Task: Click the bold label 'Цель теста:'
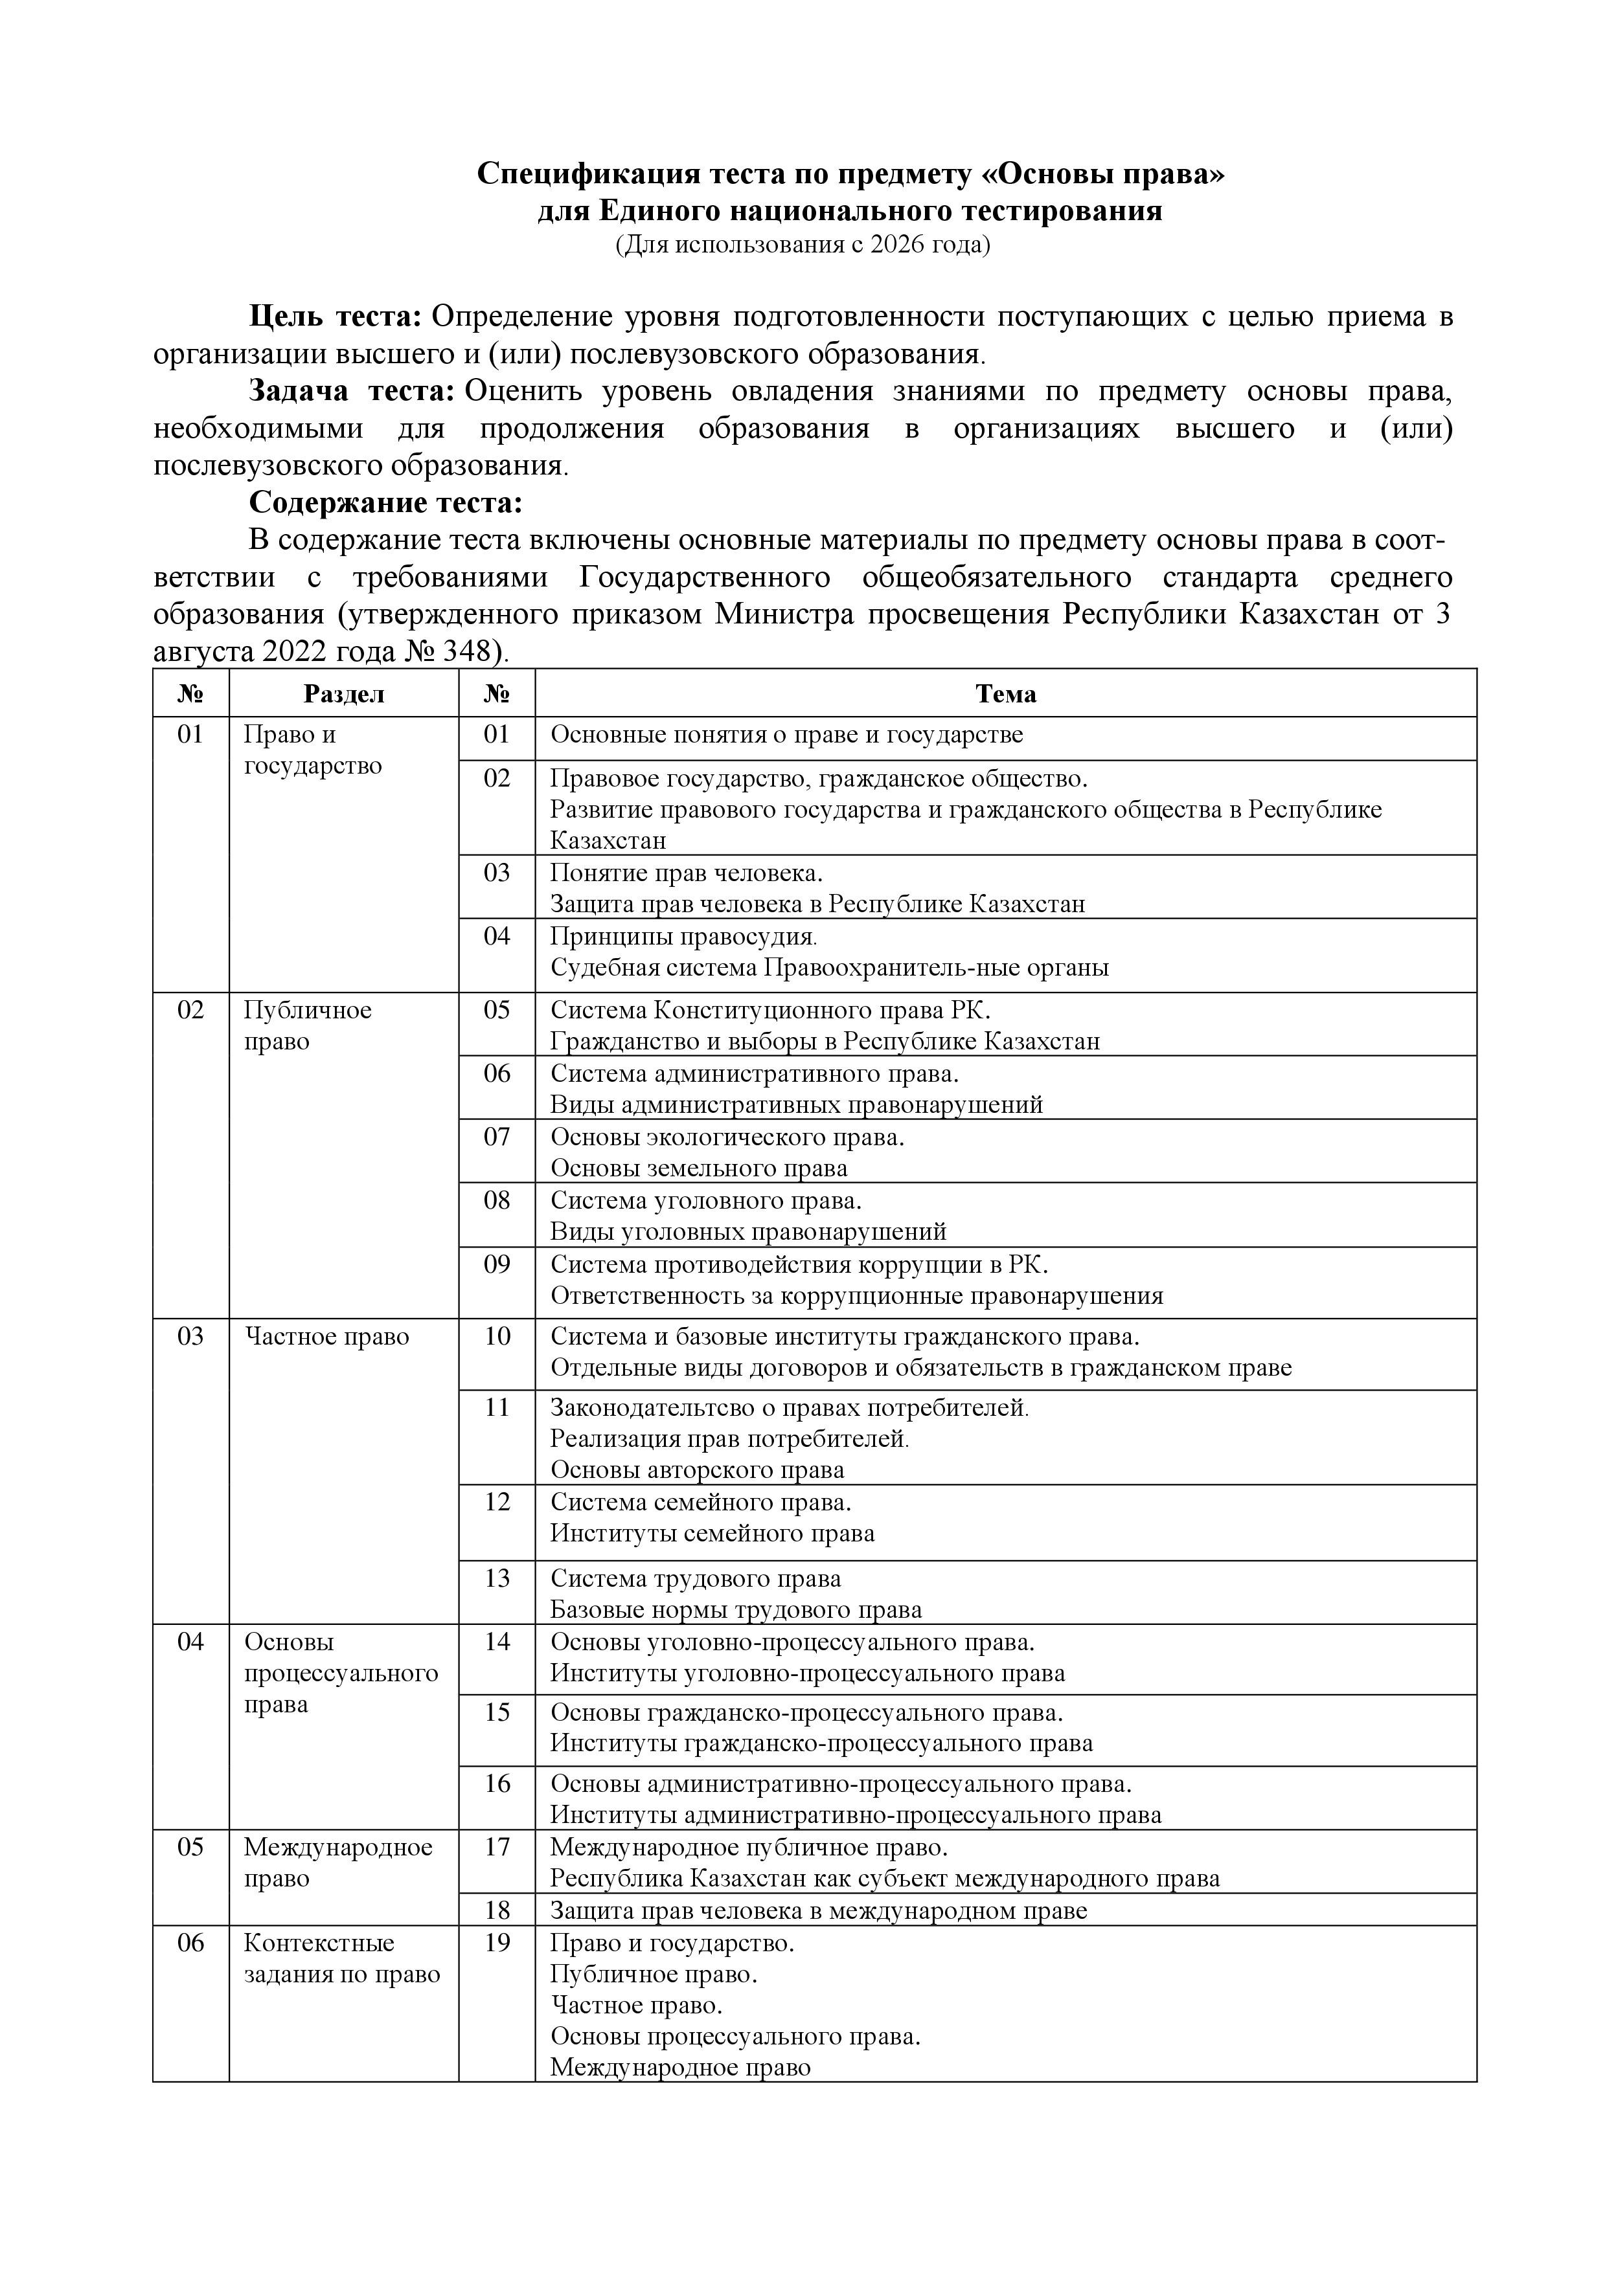pyautogui.click(x=336, y=317)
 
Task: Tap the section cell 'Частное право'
pyautogui.click(x=326, y=1336)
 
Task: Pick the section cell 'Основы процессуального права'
pyautogui.click(x=341, y=1673)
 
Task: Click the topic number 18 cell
pyautogui.click(x=497, y=1910)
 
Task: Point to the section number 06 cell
pyautogui.click(x=190, y=1943)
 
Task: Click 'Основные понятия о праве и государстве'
pyautogui.click(x=787, y=735)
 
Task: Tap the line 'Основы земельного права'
pyautogui.click(x=699, y=1168)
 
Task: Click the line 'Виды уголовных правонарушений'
pyautogui.click(x=748, y=1231)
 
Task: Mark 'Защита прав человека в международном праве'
pyautogui.click(x=818, y=1910)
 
